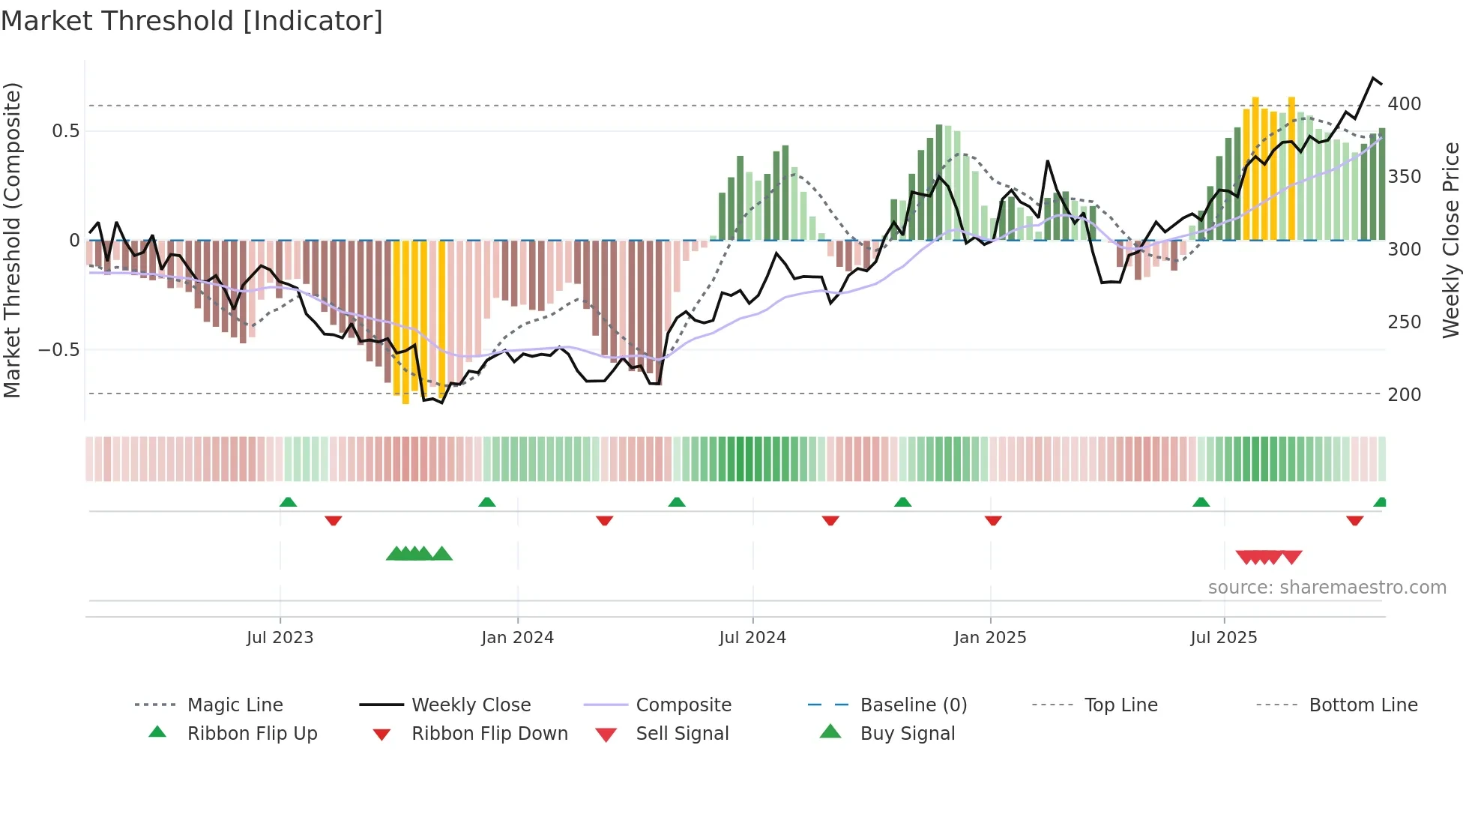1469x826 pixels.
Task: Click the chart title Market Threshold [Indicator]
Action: (192, 21)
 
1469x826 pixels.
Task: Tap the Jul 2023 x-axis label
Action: (280, 638)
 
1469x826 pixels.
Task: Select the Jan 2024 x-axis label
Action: (517, 638)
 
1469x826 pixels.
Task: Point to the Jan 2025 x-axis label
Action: (989, 638)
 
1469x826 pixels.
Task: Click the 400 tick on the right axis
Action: (1404, 104)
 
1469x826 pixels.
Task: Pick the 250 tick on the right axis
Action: (1404, 322)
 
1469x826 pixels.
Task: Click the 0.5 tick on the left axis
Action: (65, 131)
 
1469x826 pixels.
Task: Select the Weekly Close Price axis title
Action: (1451, 240)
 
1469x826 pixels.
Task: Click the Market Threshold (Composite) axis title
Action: (12, 240)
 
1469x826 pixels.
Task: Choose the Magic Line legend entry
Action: (235, 705)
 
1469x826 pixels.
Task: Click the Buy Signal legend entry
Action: (907, 734)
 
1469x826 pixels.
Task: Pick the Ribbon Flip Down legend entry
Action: (489, 734)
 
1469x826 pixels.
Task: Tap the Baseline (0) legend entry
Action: (913, 705)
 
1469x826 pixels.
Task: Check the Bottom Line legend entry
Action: (1363, 705)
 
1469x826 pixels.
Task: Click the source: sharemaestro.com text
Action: (1327, 588)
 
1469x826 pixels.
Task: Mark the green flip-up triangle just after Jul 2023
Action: (288, 502)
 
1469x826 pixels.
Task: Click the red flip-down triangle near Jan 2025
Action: (993, 520)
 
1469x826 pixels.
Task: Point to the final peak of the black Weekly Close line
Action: (1373, 78)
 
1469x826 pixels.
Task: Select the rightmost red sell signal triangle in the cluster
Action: (1292, 557)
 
